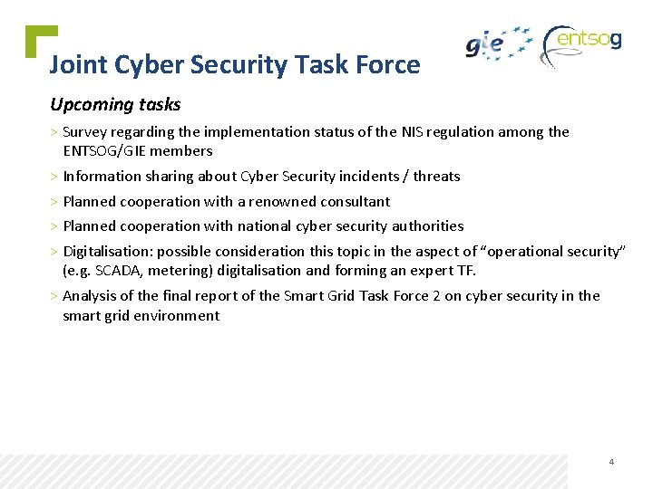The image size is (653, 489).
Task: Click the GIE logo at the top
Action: tap(498, 43)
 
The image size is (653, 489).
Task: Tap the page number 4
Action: tap(611, 462)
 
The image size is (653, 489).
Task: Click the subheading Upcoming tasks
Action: tap(115, 105)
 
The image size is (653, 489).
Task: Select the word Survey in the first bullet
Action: tap(84, 132)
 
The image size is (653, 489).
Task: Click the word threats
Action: tap(437, 177)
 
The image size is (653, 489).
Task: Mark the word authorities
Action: tap(428, 226)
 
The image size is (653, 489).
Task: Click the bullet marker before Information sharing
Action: tap(54, 177)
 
